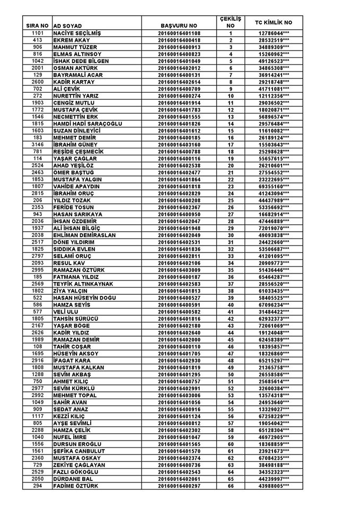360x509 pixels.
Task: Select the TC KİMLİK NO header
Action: [273, 22]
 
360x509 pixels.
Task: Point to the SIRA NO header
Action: [37, 25]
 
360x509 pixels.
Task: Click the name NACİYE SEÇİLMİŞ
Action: [77, 33]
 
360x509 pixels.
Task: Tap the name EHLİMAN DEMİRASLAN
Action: [84, 235]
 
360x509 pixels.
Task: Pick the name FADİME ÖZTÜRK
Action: [76, 486]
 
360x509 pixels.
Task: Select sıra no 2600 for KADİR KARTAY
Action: [37, 82]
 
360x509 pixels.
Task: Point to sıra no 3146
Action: [37, 144]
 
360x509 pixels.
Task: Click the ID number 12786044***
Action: [273, 33]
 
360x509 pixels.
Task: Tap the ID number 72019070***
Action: [273, 228]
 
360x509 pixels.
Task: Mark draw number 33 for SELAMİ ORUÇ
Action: [231, 256]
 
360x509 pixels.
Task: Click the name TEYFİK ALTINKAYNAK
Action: [84, 284]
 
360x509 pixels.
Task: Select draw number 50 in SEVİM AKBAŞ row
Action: [231, 374]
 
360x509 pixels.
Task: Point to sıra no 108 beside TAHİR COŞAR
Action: [37, 346]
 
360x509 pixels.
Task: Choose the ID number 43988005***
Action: [273, 486]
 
